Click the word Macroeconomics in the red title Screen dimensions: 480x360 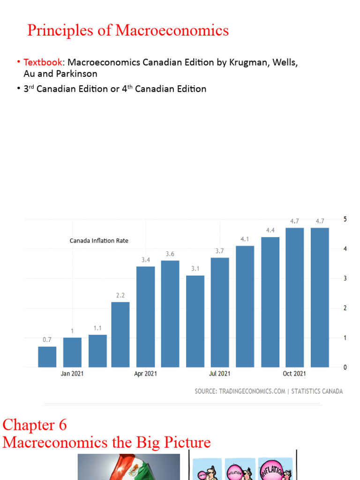tap(172, 30)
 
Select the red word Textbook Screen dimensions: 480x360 tap(42, 62)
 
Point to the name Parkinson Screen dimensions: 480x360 tap(75, 74)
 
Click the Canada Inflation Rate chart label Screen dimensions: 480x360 tap(99, 240)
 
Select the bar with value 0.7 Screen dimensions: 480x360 tap(47, 357)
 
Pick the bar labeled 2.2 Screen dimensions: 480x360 tap(120, 334)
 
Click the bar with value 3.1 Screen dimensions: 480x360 tap(195, 321)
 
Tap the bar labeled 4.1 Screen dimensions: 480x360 tap(245, 306)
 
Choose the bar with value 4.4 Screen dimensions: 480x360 tap(270, 302)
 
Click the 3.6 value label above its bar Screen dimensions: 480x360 tap(170, 254)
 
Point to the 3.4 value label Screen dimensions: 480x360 tap(145, 259)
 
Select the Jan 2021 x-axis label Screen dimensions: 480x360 tap(72, 374)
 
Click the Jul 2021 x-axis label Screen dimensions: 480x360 tap(220, 374)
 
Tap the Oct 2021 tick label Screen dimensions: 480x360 tap(294, 374)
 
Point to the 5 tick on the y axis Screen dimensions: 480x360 tap(345, 219)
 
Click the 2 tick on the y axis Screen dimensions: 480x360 tap(345, 308)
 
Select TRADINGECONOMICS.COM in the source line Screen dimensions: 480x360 tap(252, 391)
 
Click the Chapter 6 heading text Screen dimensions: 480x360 tap(35, 425)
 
